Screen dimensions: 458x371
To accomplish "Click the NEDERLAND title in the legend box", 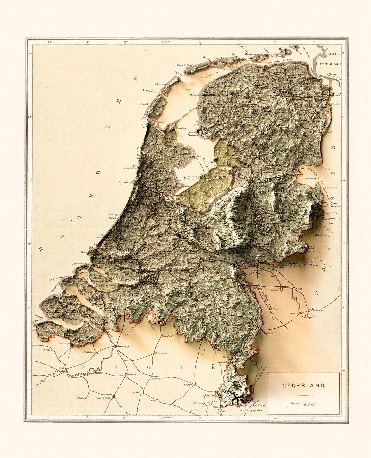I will pos(303,386).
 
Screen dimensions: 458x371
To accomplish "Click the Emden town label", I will pos(332,74).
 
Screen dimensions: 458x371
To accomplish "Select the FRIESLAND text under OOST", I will pos(330,64).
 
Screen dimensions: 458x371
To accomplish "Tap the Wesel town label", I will pos(299,289).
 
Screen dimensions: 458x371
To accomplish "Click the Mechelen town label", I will pos(131,375).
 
